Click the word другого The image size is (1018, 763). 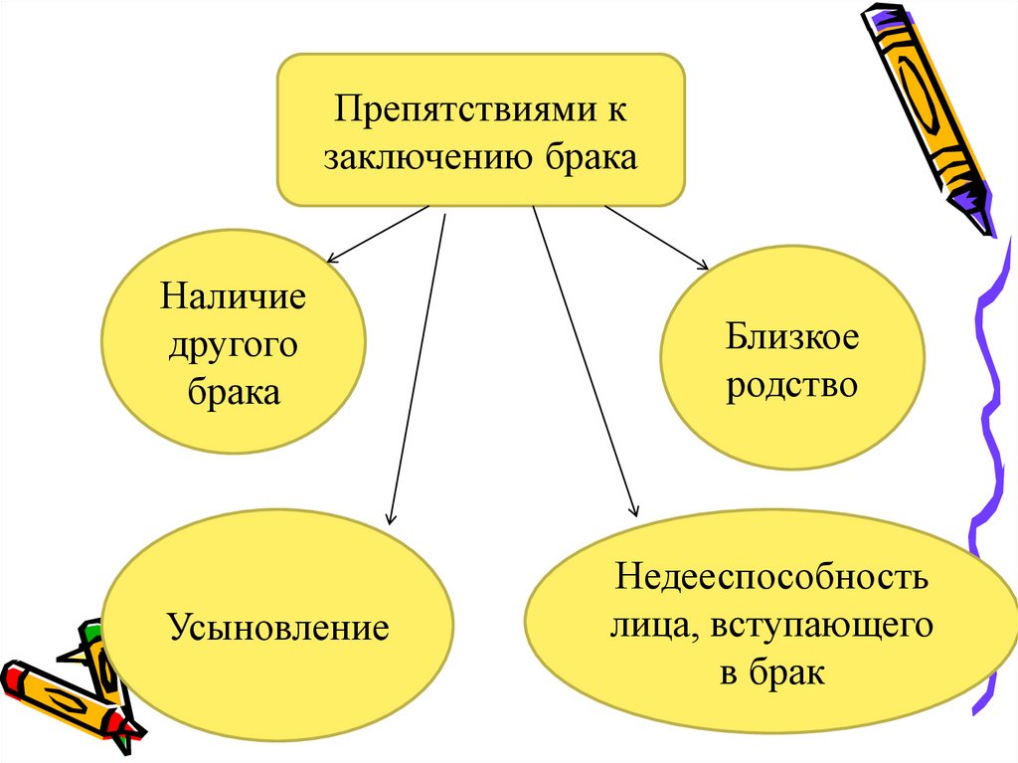tap(234, 345)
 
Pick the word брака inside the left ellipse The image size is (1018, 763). tap(234, 392)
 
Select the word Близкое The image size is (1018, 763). tap(791, 337)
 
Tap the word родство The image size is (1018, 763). tap(791, 384)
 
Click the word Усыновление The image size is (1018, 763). tap(278, 628)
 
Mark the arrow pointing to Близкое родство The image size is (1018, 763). tap(656, 238)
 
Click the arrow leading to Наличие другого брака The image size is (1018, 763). tap(378, 233)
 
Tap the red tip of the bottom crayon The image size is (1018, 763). tap(11, 679)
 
